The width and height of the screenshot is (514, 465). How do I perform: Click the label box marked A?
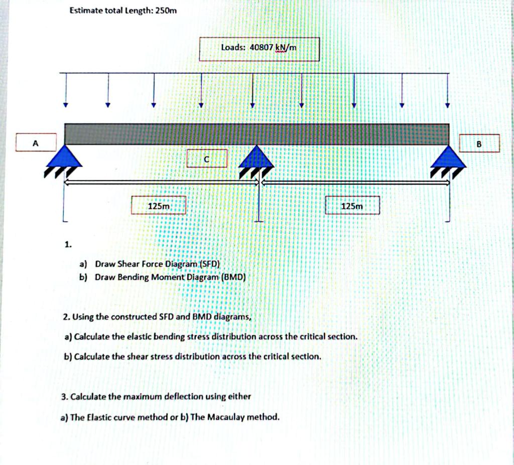click(35, 142)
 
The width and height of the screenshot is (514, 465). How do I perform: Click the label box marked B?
click(479, 143)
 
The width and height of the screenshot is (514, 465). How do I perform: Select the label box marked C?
click(207, 159)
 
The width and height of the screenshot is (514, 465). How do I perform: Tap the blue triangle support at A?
click(65, 157)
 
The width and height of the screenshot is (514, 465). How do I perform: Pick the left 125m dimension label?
click(159, 206)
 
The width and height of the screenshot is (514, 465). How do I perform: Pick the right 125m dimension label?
click(352, 206)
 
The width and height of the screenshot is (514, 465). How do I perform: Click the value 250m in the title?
click(166, 11)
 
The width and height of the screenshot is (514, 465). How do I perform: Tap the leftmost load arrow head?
click(65, 105)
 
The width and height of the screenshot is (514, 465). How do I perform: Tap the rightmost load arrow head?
click(448, 105)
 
